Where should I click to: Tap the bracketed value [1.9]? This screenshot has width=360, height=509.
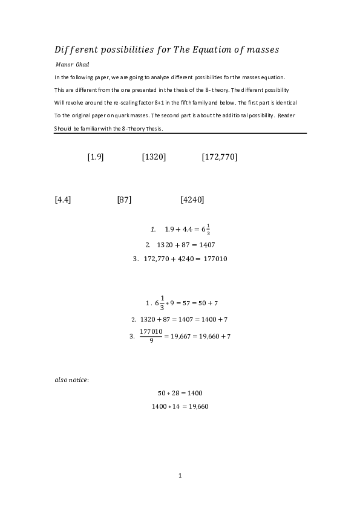[x=96, y=157]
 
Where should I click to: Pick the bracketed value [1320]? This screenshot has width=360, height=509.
[x=154, y=157]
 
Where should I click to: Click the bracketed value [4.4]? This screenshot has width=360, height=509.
[x=63, y=199]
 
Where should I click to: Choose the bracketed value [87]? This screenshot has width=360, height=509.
[x=124, y=199]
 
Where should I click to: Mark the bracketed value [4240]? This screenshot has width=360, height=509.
[x=192, y=199]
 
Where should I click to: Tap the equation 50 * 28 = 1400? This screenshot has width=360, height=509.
[x=180, y=393]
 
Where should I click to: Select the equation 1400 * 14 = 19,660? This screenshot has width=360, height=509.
[x=180, y=406]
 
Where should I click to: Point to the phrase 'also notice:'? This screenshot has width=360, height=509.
[x=71, y=380]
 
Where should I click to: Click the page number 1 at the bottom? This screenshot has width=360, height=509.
[x=180, y=476]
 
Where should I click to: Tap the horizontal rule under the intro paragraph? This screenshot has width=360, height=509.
[x=180, y=134]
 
